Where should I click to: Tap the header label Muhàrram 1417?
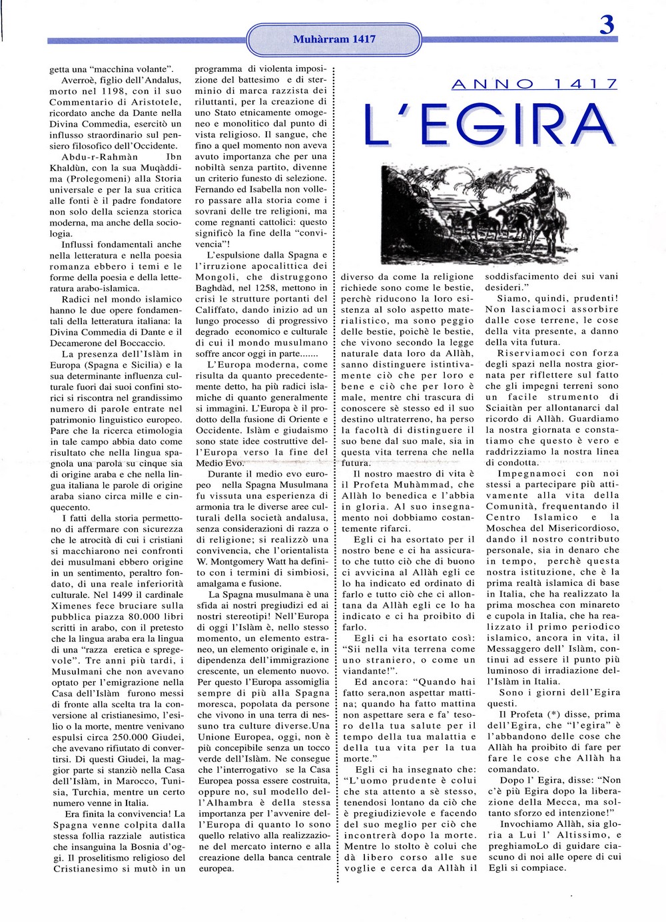334,39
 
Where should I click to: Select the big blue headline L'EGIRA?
488,124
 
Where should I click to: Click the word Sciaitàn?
509,408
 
